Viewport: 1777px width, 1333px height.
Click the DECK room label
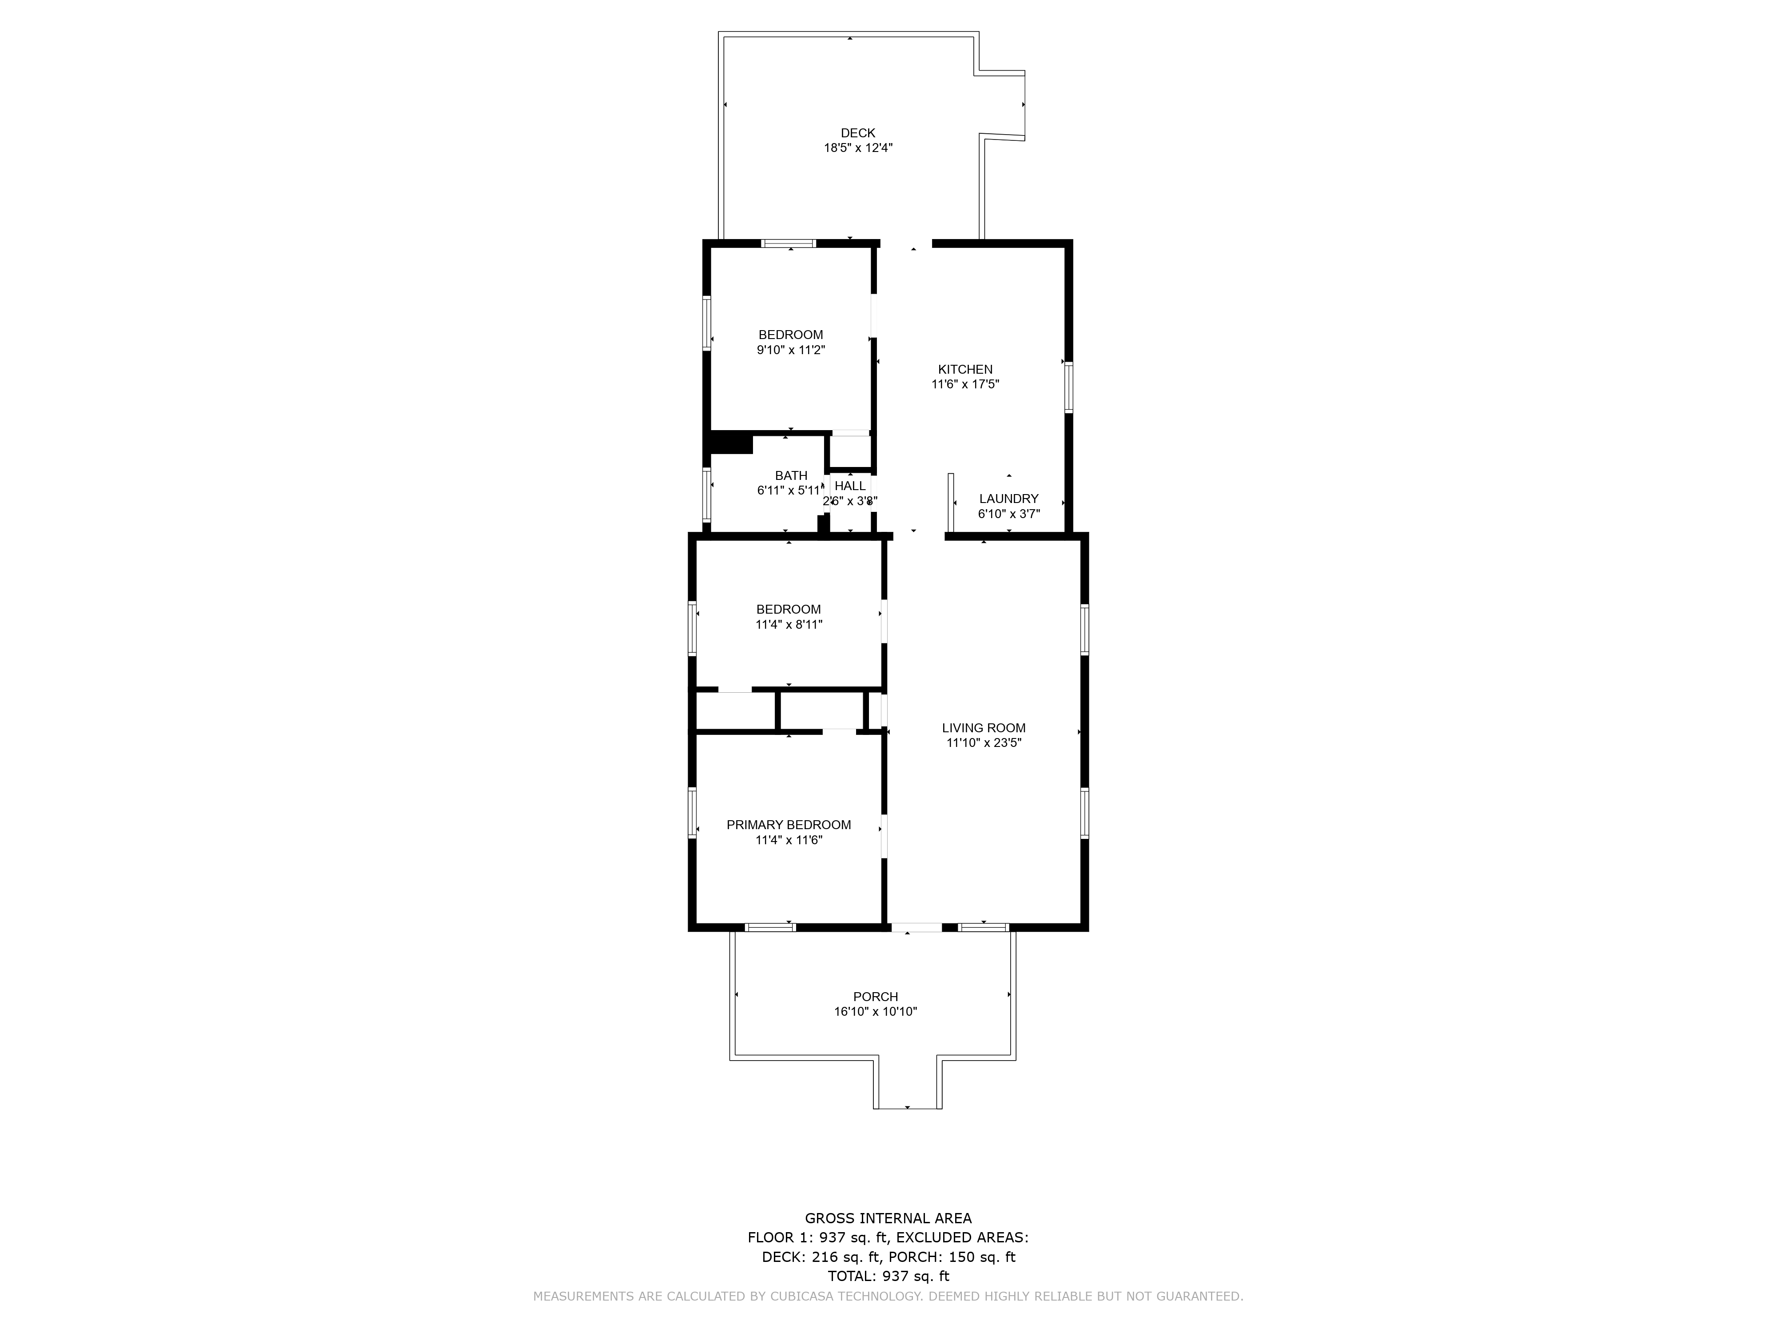point(858,133)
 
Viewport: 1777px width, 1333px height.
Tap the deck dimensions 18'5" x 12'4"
point(858,148)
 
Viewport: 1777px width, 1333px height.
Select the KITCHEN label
point(965,370)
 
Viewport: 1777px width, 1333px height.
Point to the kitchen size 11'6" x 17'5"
point(965,384)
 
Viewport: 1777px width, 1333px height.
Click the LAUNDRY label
point(1009,499)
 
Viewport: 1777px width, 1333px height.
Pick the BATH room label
point(791,476)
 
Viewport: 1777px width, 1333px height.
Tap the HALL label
point(850,486)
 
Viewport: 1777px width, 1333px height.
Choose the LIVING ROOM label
point(984,728)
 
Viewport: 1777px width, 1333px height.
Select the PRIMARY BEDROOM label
point(789,825)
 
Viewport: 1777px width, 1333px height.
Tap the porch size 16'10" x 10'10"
point(876,1012)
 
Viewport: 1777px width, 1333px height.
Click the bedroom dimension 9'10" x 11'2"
point(791,350)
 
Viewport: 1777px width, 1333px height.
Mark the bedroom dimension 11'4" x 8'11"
point(789,624)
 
